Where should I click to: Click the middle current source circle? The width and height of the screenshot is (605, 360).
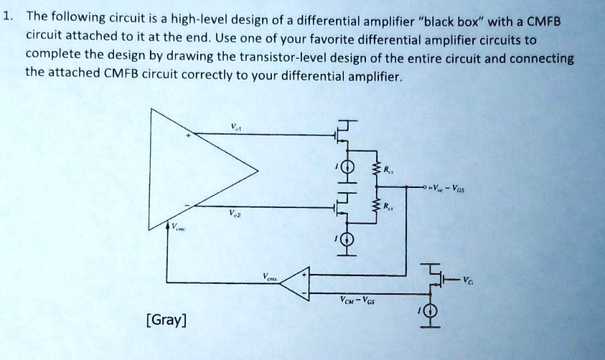coord(347,240)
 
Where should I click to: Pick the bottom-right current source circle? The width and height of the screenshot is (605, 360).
coord(431,311)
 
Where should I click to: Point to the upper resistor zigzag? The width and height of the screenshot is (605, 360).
coord(374,171)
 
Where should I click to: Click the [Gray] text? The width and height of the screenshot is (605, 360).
coord(166,318)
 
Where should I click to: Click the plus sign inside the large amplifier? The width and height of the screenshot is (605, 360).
coord(189,134)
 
